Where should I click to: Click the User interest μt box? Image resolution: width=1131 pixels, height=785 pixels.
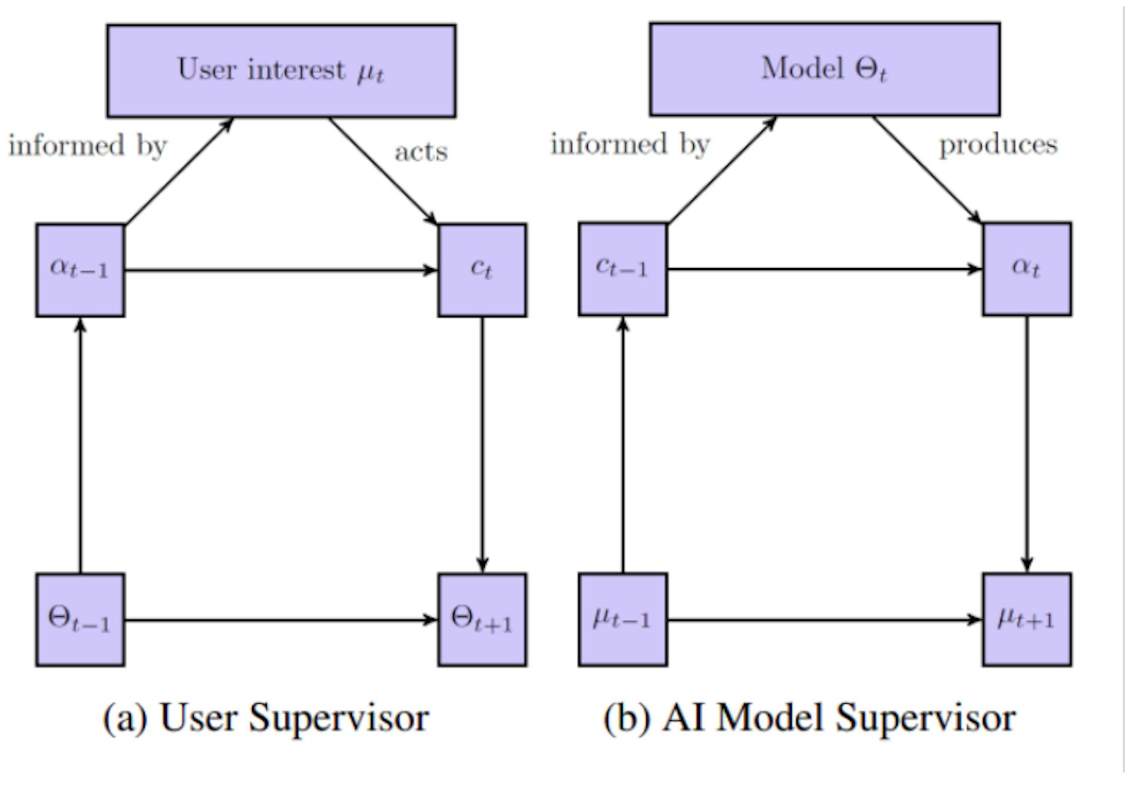click(281, 71)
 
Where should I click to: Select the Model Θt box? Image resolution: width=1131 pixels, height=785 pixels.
click(824, 70)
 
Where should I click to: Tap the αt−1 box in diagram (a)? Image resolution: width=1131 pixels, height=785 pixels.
click(80, 270)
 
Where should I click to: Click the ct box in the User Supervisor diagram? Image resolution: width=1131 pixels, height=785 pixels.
click(482, 270)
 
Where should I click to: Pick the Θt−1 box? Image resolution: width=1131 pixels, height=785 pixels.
click(80, 619)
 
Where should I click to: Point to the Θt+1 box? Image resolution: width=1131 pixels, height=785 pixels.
click(482, 619)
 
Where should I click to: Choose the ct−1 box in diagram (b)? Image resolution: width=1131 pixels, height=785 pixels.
click(623, 269)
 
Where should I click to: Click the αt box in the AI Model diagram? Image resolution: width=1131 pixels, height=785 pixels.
click(1026, 269)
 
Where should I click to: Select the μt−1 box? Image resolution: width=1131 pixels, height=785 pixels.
click(623, 619)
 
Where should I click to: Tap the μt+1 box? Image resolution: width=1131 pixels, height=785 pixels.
click(1026, 619)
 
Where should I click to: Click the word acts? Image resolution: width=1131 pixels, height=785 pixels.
click(421, 152)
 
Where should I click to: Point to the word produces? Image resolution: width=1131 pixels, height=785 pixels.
click(998, 145)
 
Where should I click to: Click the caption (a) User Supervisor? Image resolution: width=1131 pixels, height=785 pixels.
click(266, 718)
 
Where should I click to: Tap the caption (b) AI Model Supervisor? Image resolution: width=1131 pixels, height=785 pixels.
click(809, 718)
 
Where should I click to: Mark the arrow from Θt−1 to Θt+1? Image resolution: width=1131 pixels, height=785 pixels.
click(280, 620)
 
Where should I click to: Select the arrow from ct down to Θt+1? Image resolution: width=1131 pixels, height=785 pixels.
click(482, 445)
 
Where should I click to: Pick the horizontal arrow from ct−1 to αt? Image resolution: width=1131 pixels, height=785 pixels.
click(825, 269)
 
